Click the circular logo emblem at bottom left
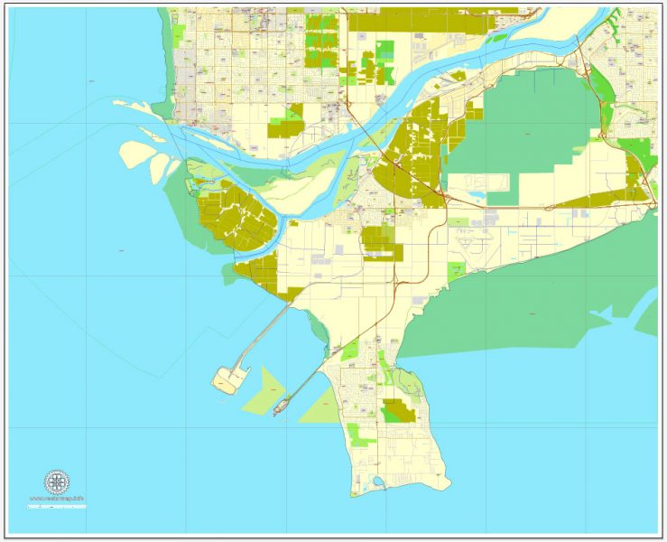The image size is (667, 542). click(57, 481)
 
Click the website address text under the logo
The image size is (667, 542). click(57, 498)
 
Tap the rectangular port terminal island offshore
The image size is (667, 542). click(226, 380)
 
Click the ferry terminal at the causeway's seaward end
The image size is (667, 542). click(280, 408)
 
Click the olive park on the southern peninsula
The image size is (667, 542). click(396, 411)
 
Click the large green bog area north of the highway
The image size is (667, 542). click(523, 126)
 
